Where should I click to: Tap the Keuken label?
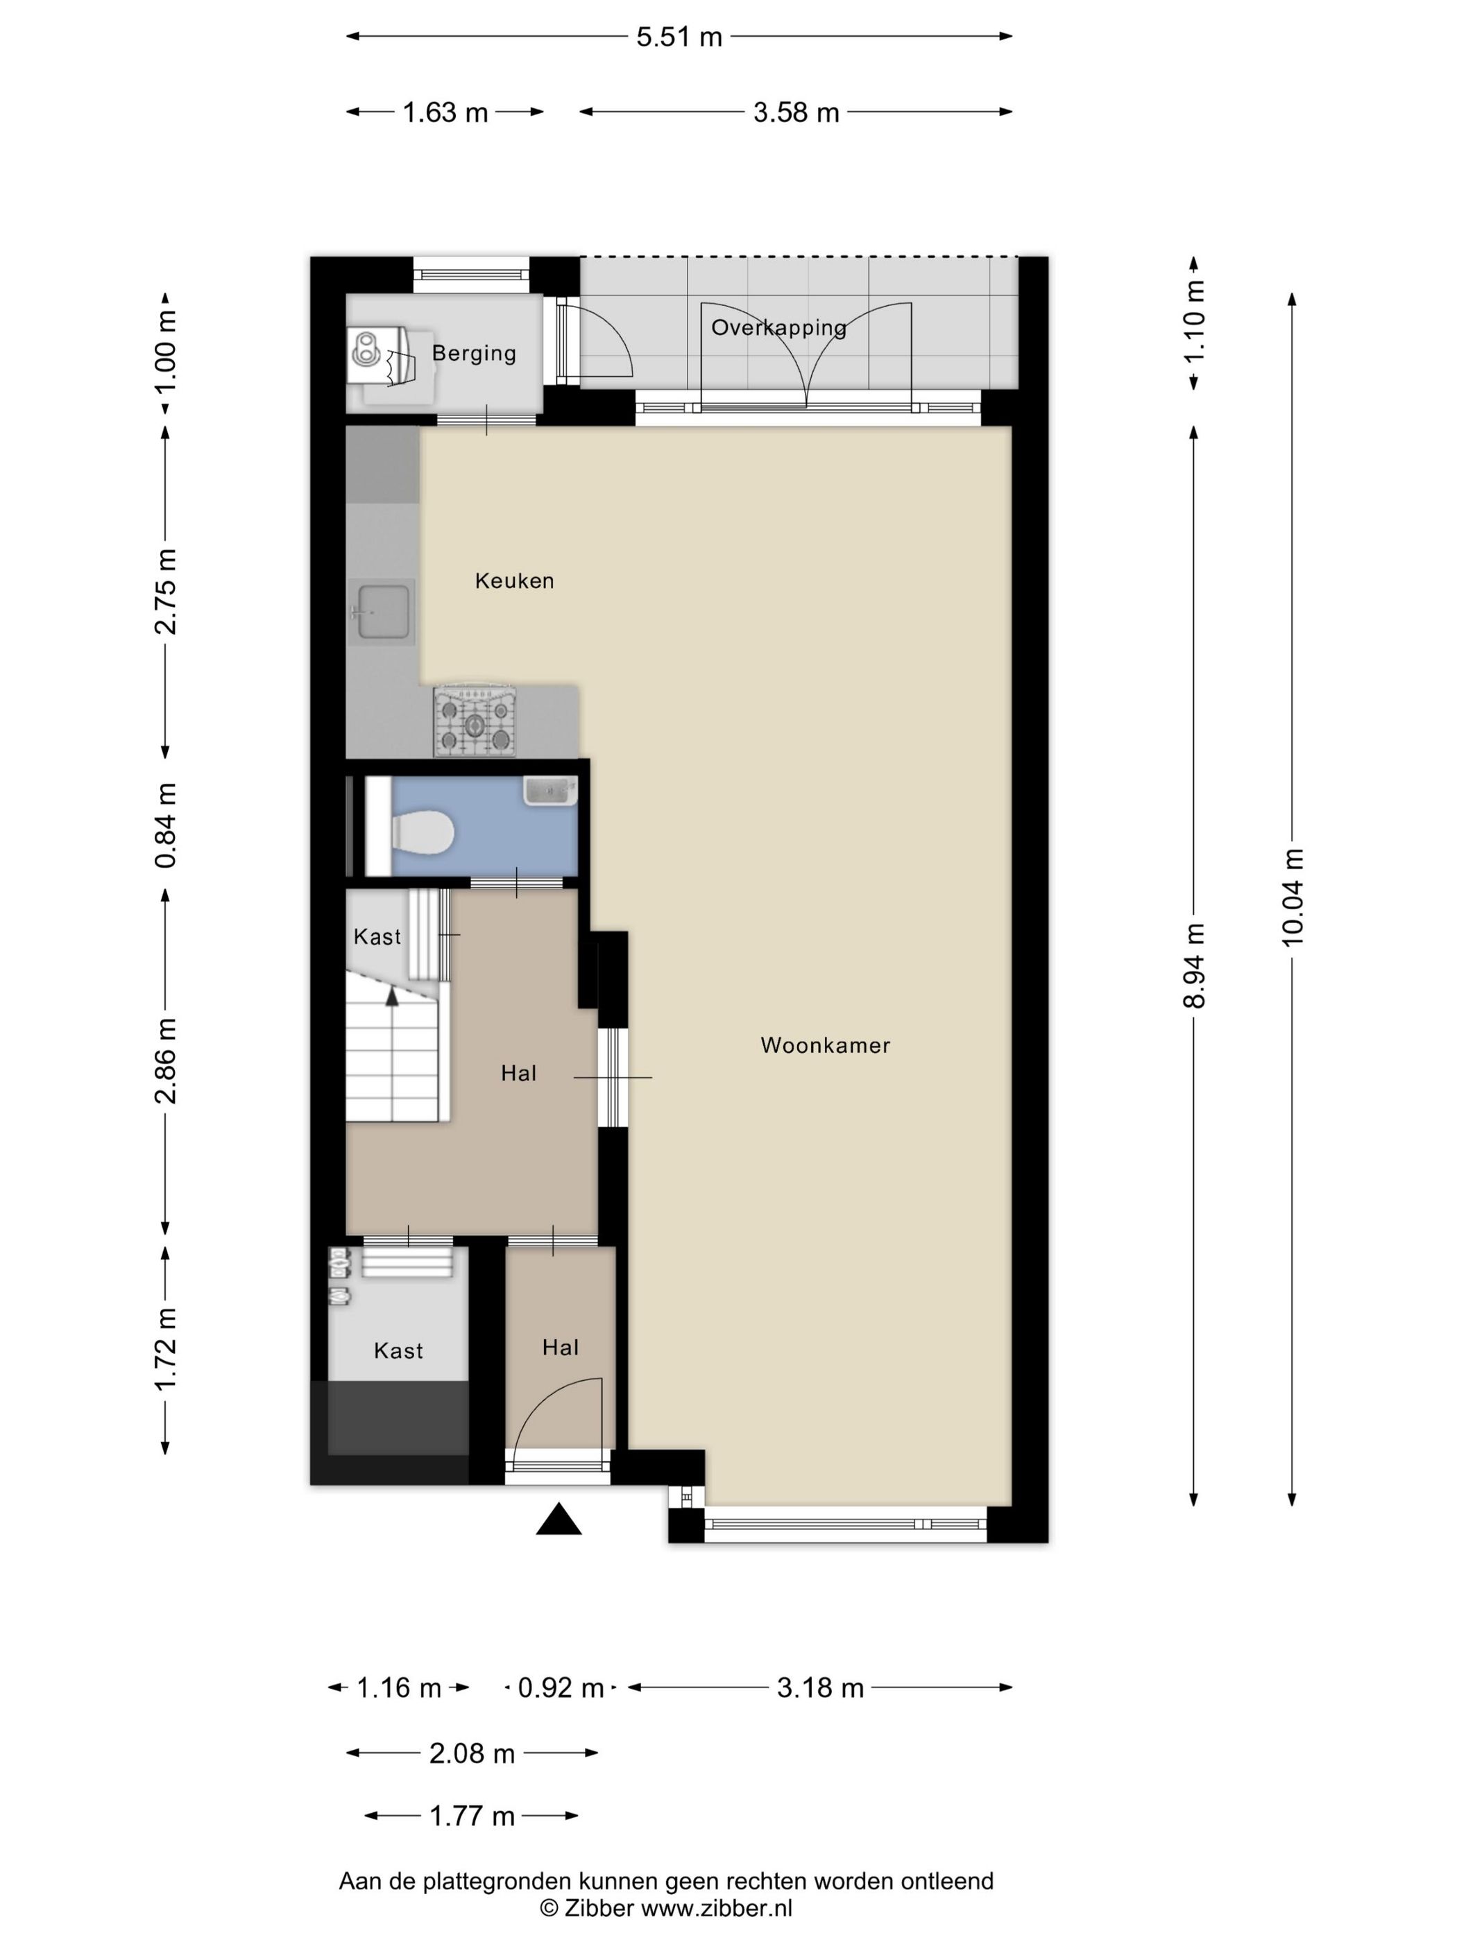515,581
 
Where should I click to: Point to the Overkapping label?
779,327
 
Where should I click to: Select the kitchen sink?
381,612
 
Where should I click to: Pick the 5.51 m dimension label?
679,37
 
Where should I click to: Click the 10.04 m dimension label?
1292,896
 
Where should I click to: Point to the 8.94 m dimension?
1193,965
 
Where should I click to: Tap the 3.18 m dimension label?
820,1687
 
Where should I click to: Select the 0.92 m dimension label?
561,1687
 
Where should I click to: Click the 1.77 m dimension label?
472,1816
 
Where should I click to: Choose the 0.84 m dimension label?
165,826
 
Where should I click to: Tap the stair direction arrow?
392,995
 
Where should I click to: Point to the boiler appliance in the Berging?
380,356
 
